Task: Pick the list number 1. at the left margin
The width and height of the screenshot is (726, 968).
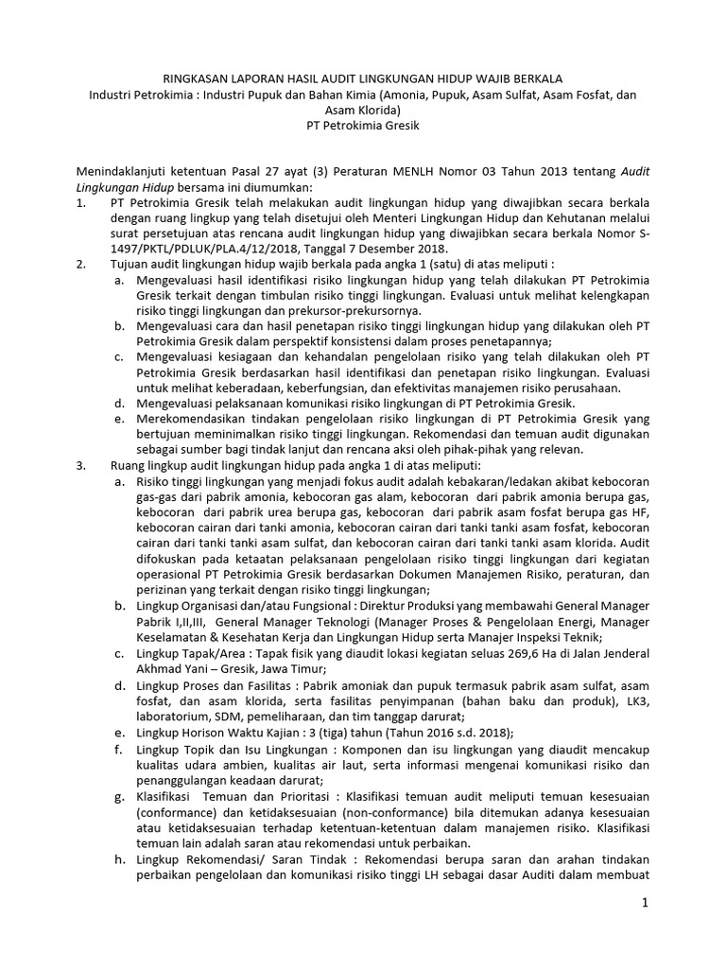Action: click(x=82, y=202)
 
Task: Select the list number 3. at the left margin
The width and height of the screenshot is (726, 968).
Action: click(x=82, y=466)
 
